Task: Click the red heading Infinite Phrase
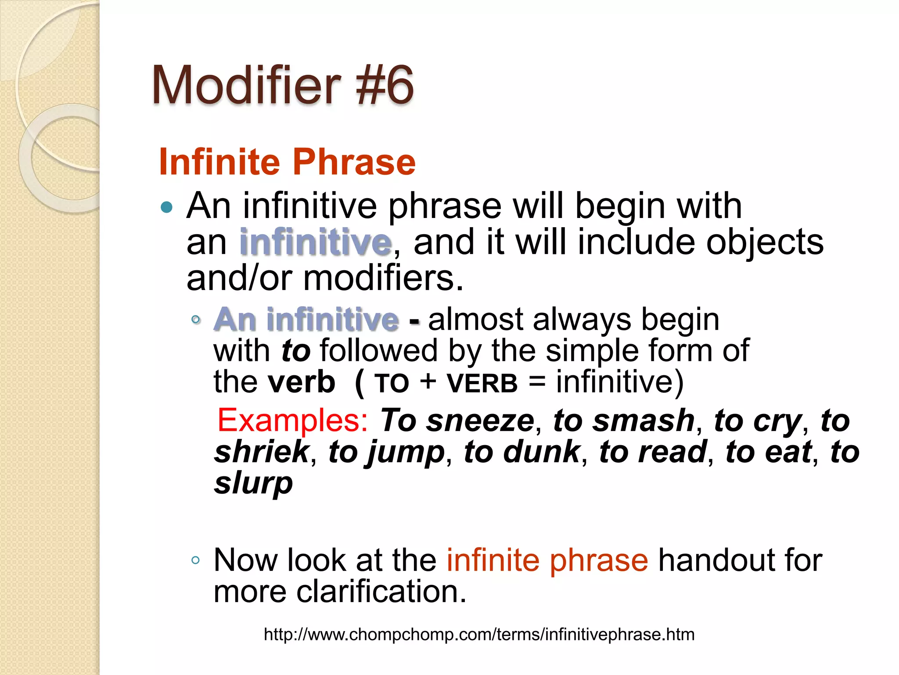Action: [287, 162]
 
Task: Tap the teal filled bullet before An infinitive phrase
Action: [167, 207]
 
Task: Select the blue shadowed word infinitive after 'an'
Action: [316, 242]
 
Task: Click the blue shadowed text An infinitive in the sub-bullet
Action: [306, 319]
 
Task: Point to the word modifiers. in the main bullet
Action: [383, 278]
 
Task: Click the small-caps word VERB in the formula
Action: [482, 383]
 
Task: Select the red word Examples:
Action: [292, 421]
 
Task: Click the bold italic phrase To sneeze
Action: [457, 421]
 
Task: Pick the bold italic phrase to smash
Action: [624, 421]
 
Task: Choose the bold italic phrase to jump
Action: [386, 453]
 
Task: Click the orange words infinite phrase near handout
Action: [547, 560]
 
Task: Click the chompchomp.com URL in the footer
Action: [479, 635]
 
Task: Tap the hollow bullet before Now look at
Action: [196, 560]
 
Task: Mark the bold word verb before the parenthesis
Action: [302, 382]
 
